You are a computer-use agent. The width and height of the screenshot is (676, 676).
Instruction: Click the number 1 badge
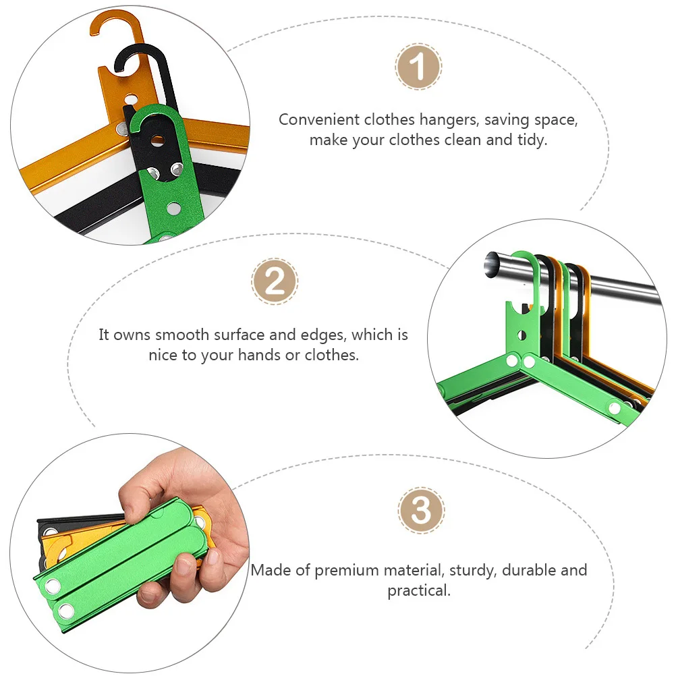click(418, 67)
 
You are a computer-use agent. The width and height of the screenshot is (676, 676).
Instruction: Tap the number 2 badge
click(275, 281)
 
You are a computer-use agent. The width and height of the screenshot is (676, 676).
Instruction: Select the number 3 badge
click(421, 510)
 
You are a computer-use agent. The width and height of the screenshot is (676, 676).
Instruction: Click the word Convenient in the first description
click(319, 120)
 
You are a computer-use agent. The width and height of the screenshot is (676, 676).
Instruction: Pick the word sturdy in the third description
click(471, 570)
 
